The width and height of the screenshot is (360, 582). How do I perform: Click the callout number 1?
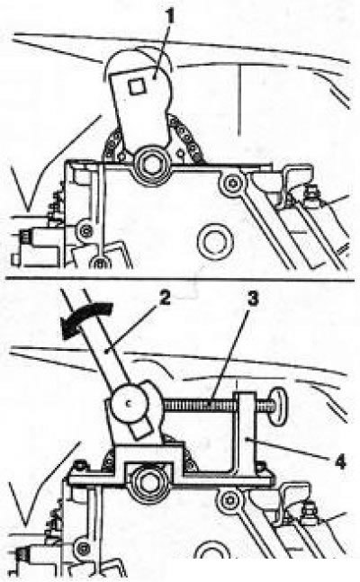[169, 16]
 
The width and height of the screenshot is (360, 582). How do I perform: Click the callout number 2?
[165, 299]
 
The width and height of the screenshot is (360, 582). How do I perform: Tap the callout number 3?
[253, 299]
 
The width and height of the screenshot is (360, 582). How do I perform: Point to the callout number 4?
[339, 461]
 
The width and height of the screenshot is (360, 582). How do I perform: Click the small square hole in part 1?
[137, 86]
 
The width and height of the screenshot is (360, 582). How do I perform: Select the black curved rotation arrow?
[86, 319]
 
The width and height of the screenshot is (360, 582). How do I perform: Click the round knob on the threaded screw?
[279, 406]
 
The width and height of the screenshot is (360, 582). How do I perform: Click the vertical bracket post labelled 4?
[244, 434]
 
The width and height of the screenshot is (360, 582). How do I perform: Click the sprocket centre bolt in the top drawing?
[151, 165]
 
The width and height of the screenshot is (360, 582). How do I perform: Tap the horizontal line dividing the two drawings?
[180, 279]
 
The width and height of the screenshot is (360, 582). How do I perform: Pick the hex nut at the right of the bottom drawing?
[307, 514]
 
